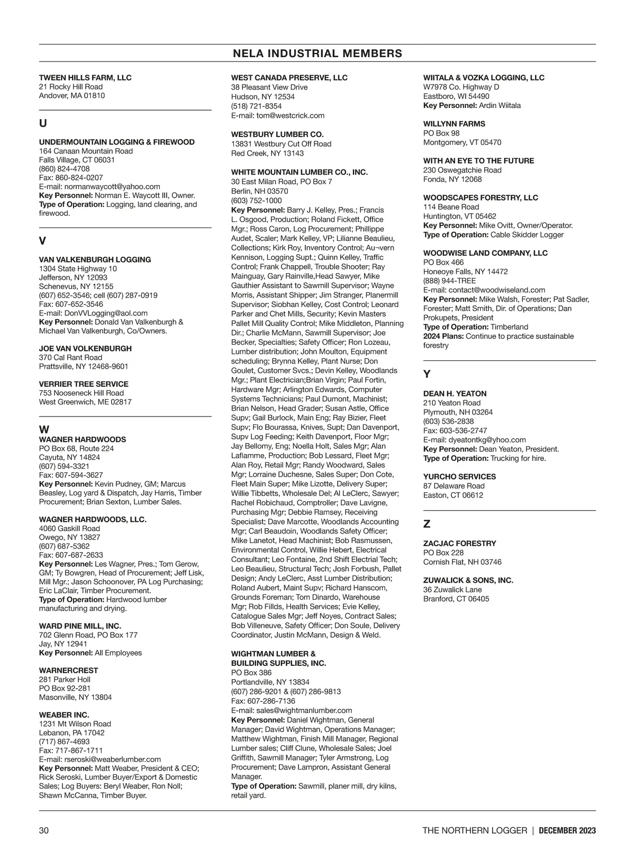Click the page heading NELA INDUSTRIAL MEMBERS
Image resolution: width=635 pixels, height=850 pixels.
click(x=317, y=53)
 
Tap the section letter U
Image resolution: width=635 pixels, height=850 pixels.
click(x=43, y=123)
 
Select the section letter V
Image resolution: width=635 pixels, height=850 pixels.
click(x=43, y=241)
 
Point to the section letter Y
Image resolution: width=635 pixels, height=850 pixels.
click(x=427, y=374)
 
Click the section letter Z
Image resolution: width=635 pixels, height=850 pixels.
click(x=427, y=524)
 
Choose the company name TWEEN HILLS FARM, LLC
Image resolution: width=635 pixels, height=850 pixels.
click(x=85, y=78)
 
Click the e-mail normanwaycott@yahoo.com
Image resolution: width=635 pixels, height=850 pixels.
click(x=112, y=186)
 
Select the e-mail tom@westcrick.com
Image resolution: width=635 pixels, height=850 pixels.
click(x=291, y=115)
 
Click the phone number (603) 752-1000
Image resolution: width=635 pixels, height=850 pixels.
click(x=257, y=201)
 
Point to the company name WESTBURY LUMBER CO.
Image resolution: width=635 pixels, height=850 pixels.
click(x=277, y=134)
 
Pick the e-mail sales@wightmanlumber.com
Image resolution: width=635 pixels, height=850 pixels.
click(x=304, y=710)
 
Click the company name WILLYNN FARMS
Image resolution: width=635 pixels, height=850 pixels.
click(x=454, y=124)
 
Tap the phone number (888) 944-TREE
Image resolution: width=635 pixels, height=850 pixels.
click(x=449, y=281)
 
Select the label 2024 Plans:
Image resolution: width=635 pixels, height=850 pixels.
click(x=443, y=336)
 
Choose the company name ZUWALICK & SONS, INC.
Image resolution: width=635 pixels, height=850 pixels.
click(x=468, y=580)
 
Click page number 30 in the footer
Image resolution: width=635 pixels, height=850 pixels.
click(x=44, y=830)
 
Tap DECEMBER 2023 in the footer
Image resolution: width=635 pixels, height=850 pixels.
click(x=567, y=830)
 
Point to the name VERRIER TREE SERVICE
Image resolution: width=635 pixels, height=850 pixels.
click(x=84, y=384)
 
